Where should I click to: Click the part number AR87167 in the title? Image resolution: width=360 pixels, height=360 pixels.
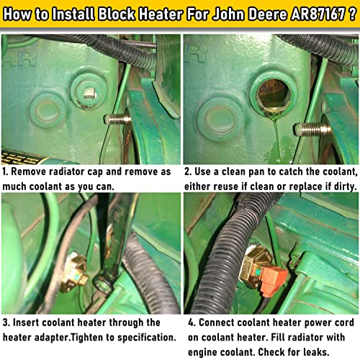point(305,14)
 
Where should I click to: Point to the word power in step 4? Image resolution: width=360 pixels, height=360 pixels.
point(302,323)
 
